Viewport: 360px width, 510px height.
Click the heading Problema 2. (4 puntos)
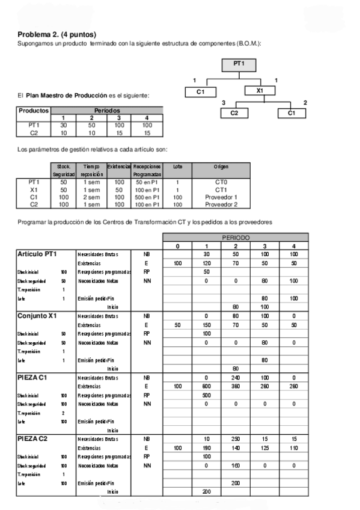click(56, 35)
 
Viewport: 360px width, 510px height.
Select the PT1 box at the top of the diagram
click(239, 63)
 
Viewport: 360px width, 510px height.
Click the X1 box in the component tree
click(260, 91)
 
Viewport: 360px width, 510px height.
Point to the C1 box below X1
click(291, 113)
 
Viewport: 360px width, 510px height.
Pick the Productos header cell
click(34, 111)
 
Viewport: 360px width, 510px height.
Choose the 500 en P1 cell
click(147, 196)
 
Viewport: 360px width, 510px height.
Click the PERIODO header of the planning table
click(236, 238)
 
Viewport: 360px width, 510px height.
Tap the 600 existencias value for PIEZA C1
click(206, 386)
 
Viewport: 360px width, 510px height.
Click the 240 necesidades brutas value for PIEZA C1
click(236, 378)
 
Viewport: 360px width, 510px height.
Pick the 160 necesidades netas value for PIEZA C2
click(236, 465)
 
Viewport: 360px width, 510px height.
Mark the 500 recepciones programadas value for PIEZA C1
click(206, 395)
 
